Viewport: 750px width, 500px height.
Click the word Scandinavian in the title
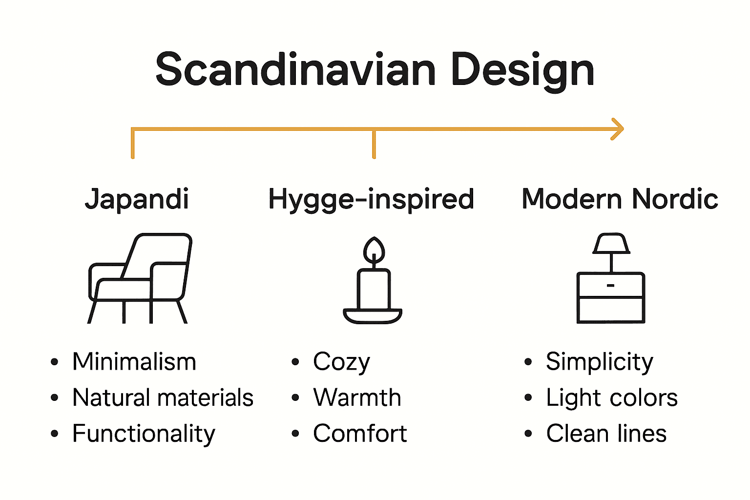tap(295, 70)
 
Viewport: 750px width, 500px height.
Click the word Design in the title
tap(522, 71)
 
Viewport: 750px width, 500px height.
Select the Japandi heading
tap(137, 199)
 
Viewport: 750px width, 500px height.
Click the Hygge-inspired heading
tap(371, 199)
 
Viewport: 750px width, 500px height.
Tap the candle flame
tap(374, 250)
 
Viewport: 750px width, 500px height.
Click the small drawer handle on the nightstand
tap(610, 285)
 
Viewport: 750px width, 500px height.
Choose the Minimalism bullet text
tap(134, 362)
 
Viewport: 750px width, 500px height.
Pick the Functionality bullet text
tap(144, 434)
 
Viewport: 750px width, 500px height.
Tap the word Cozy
tap(341, 362)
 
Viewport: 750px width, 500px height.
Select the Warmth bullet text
tap(357, 397)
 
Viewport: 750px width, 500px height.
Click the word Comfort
tap(360, 434)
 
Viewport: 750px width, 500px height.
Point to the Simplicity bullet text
tap(599, 362)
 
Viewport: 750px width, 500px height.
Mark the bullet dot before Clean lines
tap(528, 434)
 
